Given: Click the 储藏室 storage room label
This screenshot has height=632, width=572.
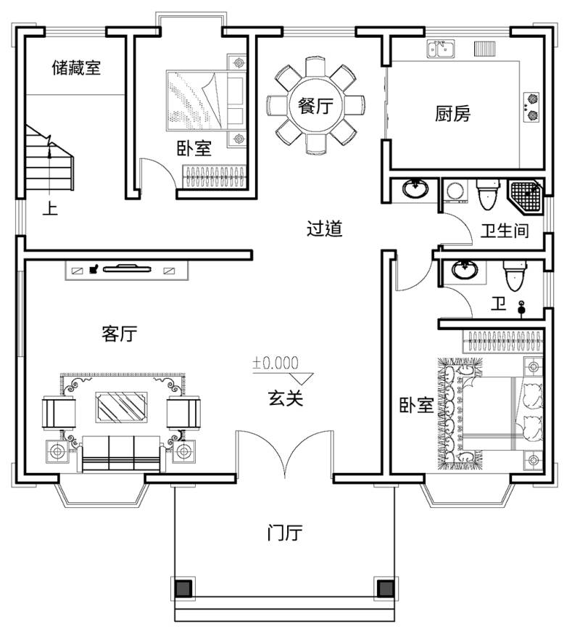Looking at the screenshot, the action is (76, 67).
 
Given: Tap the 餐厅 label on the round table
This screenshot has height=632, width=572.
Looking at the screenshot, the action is (315, 106).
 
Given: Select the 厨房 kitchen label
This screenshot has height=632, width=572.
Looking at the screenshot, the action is (453, 113).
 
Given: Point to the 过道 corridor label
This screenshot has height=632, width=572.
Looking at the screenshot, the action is (324, 229).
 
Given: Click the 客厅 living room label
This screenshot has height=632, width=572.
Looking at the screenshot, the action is (120, 333).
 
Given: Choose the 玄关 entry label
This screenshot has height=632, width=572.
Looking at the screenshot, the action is (285, 398).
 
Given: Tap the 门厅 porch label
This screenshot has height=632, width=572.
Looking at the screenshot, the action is (285, 533).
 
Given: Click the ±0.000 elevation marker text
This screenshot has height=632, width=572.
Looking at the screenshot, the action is (275, 363).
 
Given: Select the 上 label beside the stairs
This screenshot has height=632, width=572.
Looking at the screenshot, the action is (50, 209).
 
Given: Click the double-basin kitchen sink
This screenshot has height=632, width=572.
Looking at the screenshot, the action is (441, 49).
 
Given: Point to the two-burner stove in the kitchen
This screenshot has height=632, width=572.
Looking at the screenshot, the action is (531, 107).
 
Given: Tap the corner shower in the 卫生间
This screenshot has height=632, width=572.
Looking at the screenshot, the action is (526, 196).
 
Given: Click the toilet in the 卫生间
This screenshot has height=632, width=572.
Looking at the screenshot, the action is (488, 194).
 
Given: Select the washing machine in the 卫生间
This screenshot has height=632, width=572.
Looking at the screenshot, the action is (455, 191).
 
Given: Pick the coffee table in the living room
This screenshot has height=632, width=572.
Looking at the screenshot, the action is (121, 407).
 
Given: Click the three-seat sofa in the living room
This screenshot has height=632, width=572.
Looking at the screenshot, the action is (121, 453).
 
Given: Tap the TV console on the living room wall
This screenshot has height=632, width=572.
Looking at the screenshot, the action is (126, 270).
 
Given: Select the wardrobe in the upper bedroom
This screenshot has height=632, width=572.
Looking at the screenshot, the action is (215, 176).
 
